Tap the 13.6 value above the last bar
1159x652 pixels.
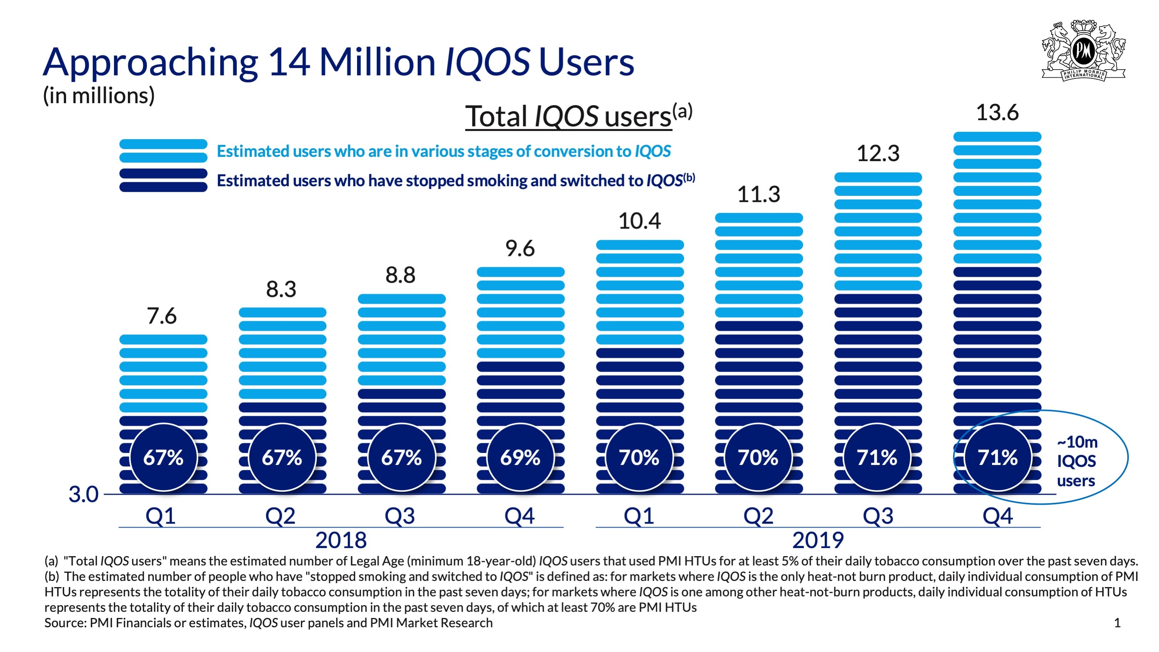[x=997, y=112]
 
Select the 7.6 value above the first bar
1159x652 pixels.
[x=162, y=316]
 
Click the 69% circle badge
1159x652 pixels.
[x=520, y=457]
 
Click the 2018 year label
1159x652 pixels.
[x=341, y=540]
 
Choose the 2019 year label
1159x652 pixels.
[x=818, y=540]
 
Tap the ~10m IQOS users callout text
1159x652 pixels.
[x=1077, y=461]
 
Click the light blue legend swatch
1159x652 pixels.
[x=163, y=151]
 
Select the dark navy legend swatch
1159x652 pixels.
[x=163, y=180]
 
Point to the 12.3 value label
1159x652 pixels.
[x=878, y=153]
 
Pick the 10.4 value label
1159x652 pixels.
[x=639, y=221]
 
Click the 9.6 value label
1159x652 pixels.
[x=520, y=249]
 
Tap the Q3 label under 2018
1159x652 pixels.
[x=400, y=516]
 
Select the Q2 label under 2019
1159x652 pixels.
[x=758, y=516]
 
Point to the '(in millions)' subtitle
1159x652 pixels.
[x=99, y=95]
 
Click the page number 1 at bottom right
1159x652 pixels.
[x=1117, y=623]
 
